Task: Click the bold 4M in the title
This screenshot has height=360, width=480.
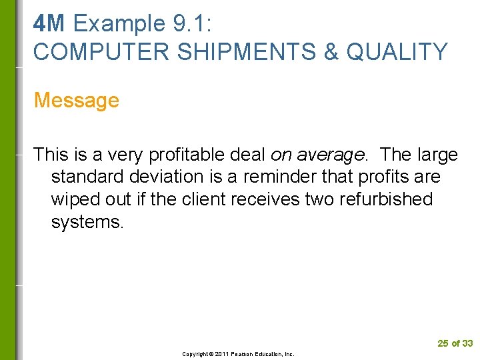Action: point(49,24)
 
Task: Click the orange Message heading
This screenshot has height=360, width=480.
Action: point(77,101)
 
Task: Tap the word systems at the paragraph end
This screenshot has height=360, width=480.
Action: point(87,222)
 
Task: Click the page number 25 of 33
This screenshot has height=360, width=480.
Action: point(455,343)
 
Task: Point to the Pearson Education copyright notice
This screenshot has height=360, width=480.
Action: point(239,354)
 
